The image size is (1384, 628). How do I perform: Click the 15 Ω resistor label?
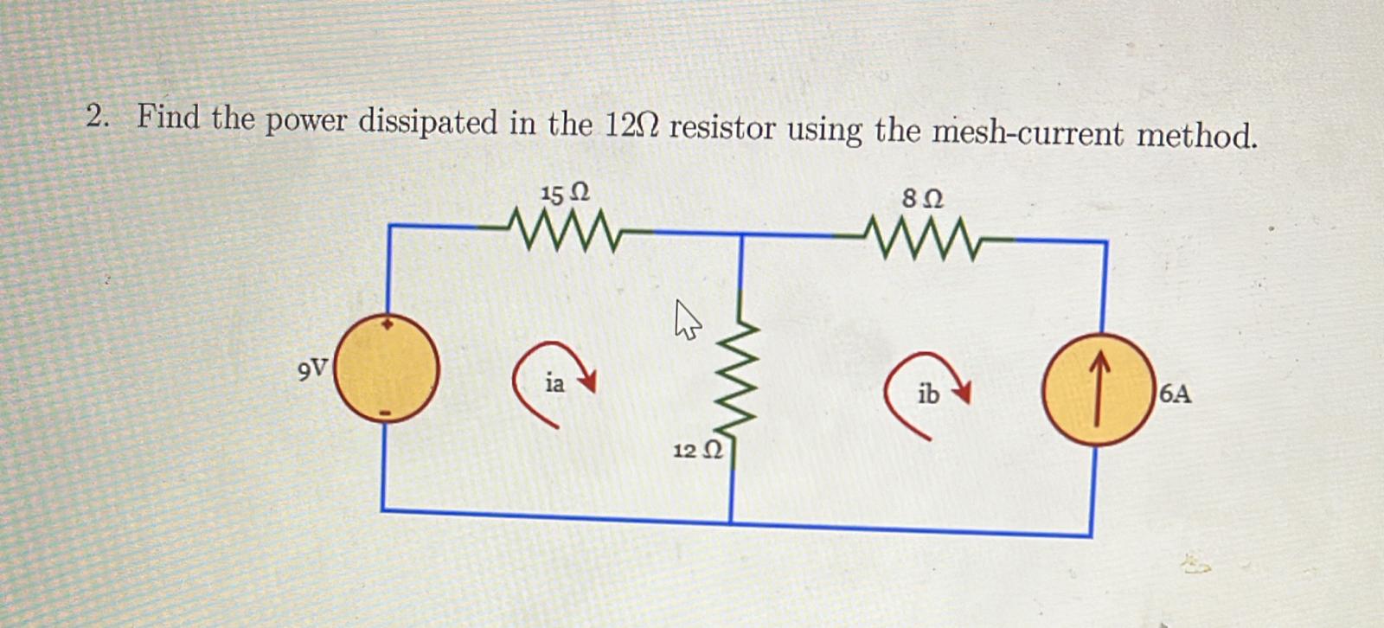[x=564, y=193]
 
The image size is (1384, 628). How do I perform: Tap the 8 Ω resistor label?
[x=922, y=199]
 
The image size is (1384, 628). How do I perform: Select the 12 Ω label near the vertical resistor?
[x=697, y=451]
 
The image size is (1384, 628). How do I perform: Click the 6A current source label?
[x=1175, y=394]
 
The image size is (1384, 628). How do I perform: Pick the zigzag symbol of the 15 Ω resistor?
[x=562, y=231]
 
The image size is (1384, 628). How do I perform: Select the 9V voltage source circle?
[x=387, y=368]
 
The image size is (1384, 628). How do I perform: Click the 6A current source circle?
[x=1098, y=389]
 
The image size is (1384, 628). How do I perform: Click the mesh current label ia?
[x=554, y=383]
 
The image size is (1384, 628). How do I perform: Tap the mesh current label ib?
[x=927, y=394]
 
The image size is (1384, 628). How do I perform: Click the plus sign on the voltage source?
[x=388, y=324]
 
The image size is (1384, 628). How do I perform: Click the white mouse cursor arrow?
[x=687, y=319]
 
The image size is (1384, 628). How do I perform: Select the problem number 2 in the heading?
[x=96, y=117]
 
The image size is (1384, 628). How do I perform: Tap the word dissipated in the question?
[x=428, y=123]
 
